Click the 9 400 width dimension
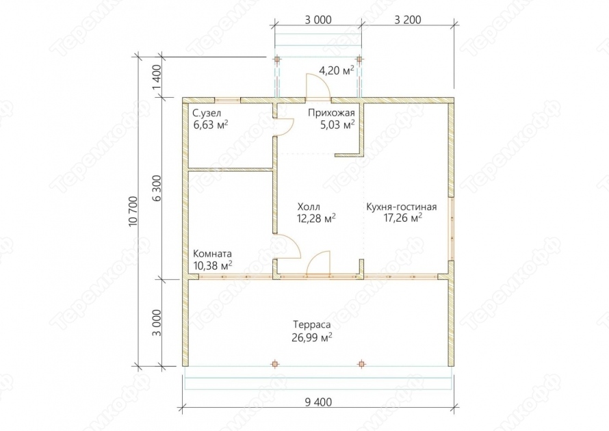(x=318, y=402)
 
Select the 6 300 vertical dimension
(x=157, y=192)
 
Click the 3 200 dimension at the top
(x=408, y=19)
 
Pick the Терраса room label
(x=312, y=324)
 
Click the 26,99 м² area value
(x=312, y=337)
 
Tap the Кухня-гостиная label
(x=402, y=207)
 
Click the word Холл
(x=309, y=207)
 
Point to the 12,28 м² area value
(x=316, y=218)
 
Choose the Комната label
(x=212, y=254)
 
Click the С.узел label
(x=207, y=114)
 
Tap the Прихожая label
(x=332, y=113)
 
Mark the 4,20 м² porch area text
(x=337, y=70)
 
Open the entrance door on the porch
(x=318, y=86)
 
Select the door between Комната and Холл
(x=288, y=247)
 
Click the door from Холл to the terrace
(x=318, y=263)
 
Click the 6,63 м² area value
(x=211, y=125)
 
